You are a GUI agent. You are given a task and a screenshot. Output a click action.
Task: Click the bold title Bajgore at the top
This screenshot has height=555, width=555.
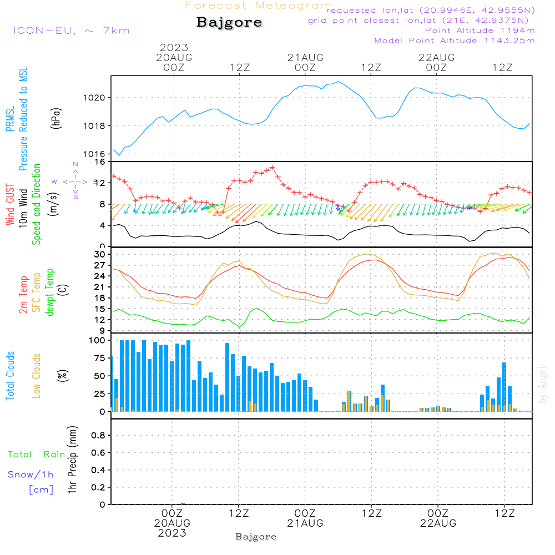pos(229,23)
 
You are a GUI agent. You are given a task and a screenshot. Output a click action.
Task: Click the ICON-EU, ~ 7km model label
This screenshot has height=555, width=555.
pos(71,31)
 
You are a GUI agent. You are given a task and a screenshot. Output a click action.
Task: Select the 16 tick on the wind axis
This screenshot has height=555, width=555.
pos(100,162)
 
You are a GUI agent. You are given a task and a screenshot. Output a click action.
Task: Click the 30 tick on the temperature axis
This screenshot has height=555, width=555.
pos(100,254)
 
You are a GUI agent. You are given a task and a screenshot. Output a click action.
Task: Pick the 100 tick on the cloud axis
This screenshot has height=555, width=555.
pos(98,340)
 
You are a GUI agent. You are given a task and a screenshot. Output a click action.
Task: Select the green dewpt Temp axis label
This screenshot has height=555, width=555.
pos(50,292)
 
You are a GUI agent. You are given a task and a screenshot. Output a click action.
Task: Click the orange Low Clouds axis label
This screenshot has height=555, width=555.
pos(37,376)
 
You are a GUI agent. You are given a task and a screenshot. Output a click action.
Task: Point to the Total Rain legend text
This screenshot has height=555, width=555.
pos(37,454)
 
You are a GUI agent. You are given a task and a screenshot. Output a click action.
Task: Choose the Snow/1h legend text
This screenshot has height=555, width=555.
pos(31,475)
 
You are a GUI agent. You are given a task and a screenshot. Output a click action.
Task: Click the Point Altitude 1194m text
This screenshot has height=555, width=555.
pos(480,31)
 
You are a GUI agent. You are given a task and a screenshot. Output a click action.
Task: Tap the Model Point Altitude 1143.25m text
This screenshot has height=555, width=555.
pos(455,41)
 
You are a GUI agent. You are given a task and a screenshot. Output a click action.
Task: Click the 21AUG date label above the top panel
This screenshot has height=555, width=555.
pos(305,57)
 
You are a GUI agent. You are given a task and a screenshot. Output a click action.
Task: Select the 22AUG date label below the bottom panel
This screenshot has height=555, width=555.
pos(438,523)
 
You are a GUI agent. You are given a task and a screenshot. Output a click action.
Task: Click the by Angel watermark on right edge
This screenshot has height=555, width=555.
pos(543,384)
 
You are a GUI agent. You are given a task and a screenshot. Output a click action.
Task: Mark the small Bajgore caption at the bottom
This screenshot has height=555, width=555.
pos(256,537)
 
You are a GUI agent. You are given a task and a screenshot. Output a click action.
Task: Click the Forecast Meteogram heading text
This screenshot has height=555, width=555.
pos(259,6)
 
